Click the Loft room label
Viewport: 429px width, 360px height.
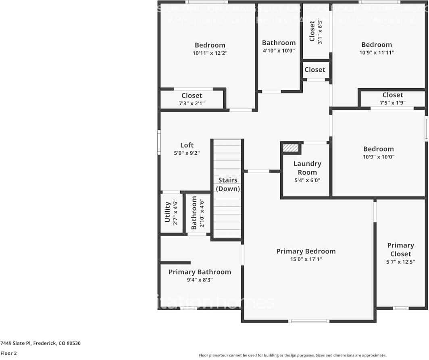tap(187, 145)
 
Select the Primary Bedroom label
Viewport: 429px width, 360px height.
tap(306, 251)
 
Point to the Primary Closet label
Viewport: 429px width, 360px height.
tap(400, 250)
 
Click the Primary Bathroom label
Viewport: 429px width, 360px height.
tap(200, 272)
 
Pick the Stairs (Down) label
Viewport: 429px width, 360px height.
tap(228, 184)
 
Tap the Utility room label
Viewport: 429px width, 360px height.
tap(168, 212)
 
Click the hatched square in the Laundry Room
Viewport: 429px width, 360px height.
tap(291, 148)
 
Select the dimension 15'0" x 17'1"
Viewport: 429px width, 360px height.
tap(306, 259)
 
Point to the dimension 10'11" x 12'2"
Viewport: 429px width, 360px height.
tap(210, 53)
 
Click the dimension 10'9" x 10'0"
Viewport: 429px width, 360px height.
tap(378, 157)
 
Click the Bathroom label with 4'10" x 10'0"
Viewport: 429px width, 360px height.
tap(279, 43)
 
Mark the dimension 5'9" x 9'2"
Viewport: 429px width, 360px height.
tap(187, 153)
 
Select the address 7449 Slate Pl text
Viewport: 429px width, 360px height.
tap(40, 343)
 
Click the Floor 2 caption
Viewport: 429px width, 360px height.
tap(8, 353)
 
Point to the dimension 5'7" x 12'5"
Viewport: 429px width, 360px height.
tap(400, 262)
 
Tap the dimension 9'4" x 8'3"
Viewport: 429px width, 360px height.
tap(200, 280)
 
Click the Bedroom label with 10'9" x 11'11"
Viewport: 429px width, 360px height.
tap(376, 45)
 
